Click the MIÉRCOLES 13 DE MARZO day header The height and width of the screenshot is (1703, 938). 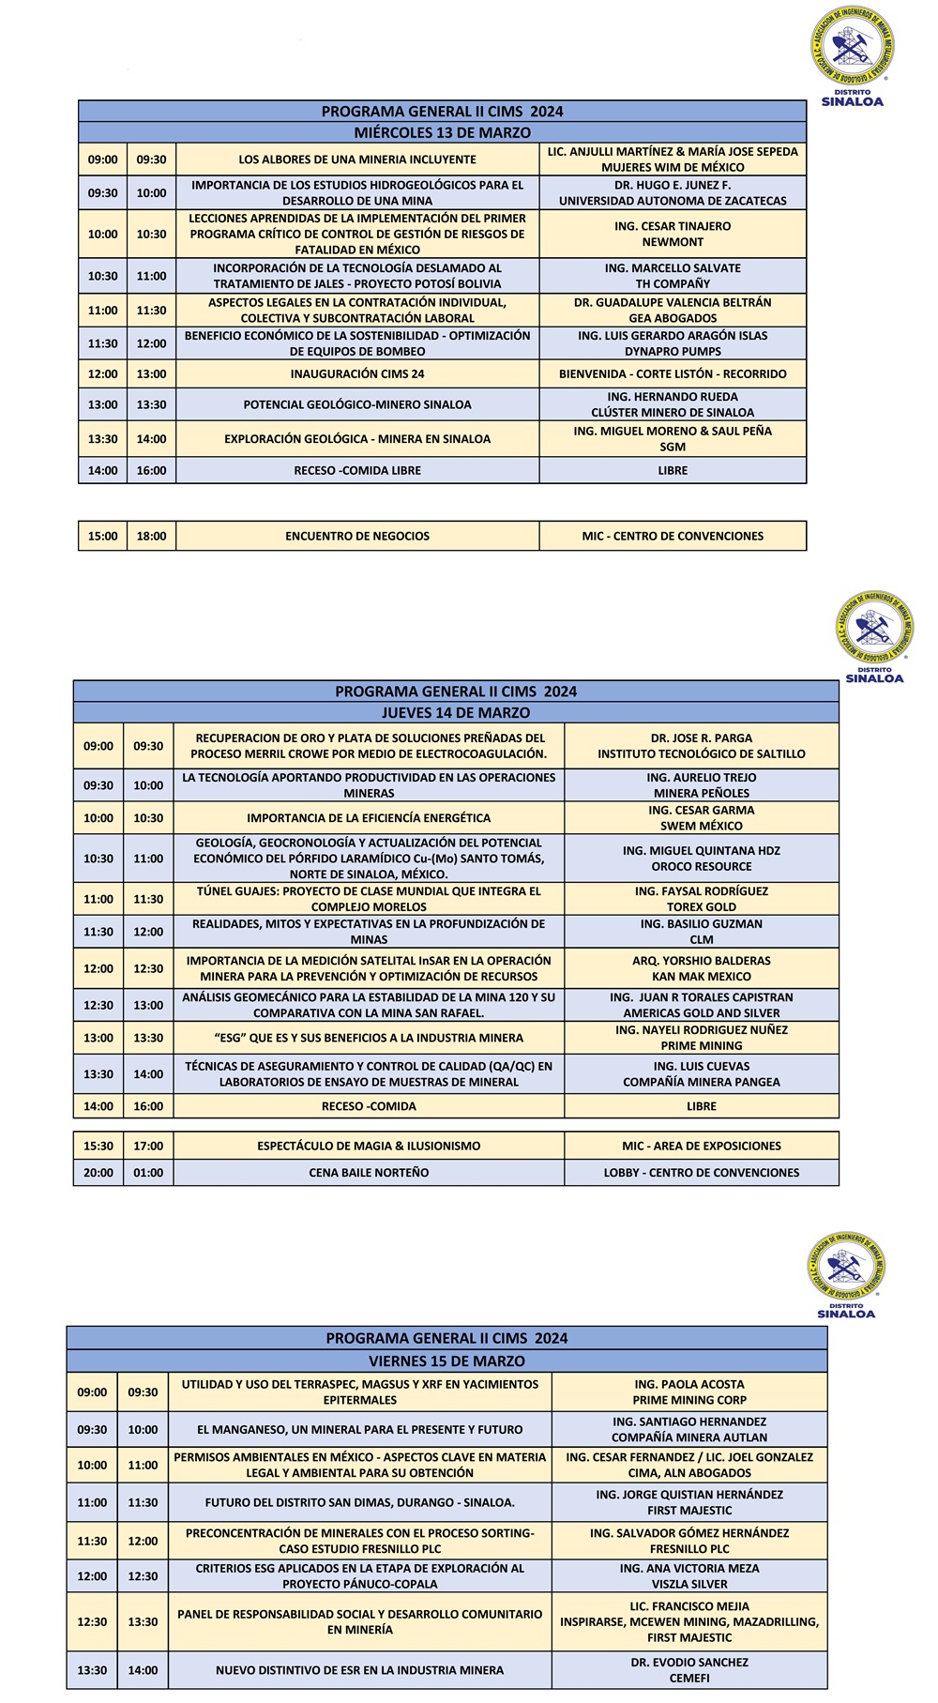click(442, 132)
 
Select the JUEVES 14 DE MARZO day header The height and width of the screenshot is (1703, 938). click(456, 712)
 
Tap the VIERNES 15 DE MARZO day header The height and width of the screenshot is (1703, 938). click(446, 1361)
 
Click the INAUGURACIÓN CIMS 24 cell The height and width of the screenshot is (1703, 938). click(357, 373)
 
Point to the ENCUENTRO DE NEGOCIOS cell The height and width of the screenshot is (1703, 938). click(357, 536)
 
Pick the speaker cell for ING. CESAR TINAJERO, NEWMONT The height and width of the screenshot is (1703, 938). click(673, 234)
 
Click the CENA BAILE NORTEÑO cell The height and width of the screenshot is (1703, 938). click(369, 1172)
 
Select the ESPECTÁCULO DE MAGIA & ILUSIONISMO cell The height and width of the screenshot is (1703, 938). click(369, 1146)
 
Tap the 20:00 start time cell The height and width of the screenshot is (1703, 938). click(98, 1172)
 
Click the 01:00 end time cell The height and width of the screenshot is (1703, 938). click(148, 1172)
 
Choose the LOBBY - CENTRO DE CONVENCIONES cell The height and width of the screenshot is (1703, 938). click(702, 1172)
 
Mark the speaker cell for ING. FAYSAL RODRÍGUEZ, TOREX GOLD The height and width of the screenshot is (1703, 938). click(702, 899)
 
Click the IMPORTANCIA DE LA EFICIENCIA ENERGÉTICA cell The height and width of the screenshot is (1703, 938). click(369, 818)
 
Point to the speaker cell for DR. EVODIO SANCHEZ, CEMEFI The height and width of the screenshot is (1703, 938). click(689, 1669)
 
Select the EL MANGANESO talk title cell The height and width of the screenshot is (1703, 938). click(360, 1429)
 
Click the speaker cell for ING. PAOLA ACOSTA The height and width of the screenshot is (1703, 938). click(689, 1391)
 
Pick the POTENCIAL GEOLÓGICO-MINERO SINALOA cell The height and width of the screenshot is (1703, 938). click(357, 404)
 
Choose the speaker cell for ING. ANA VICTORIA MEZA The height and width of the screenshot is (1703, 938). click(689, 1575)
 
